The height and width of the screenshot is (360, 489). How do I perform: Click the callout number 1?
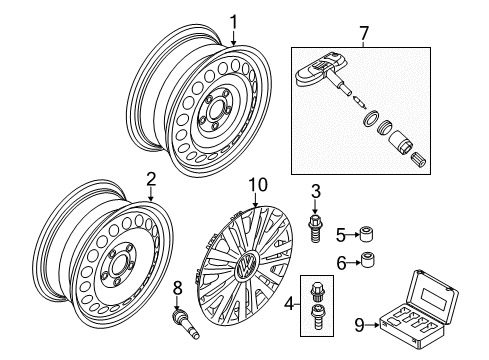click(234, 22)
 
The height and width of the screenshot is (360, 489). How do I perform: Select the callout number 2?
click(151, 180)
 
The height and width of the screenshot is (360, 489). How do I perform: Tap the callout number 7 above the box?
click(363, 33)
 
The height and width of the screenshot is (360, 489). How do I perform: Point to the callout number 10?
click(259, 185)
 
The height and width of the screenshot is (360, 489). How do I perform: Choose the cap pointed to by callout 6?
click(366, 260)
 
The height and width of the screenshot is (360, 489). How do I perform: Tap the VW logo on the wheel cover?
click(247, 264)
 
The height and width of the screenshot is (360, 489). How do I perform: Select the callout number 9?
click(359, 325)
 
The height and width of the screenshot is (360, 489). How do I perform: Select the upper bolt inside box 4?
click(316, 291)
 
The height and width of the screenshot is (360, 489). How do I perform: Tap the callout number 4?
click(289, 304)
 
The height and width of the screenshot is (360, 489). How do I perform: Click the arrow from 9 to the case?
click(372, 325)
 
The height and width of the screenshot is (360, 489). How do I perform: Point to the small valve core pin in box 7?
click(360, 102)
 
